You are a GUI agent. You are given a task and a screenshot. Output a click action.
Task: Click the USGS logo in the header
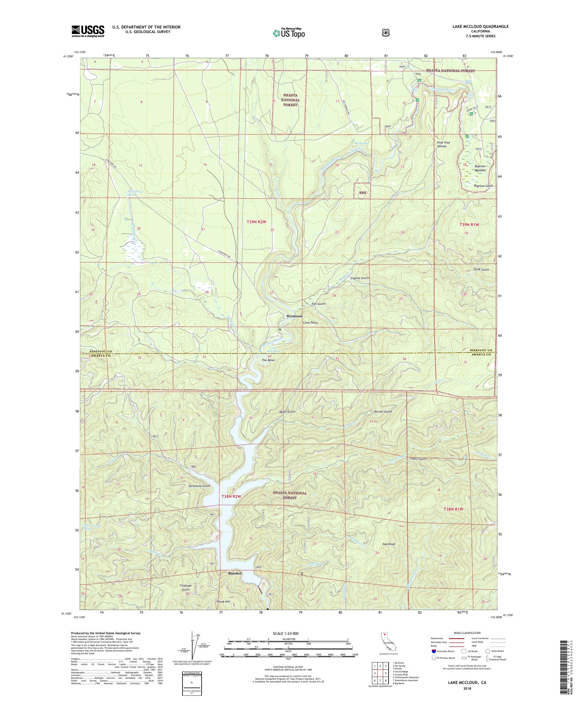point(88,32)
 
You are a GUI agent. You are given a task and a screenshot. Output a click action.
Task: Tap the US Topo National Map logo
point(289,33)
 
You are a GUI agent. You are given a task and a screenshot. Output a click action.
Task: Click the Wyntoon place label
point(294,316)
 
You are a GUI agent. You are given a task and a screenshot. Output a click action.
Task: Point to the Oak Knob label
point(388,544)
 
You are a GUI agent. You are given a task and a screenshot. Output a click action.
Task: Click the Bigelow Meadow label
point(480,168)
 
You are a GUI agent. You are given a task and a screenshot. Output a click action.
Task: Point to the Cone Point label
point(310,323)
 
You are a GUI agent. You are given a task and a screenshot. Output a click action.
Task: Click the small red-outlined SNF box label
point(362,193)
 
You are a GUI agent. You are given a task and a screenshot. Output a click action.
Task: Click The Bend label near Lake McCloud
point(268,360)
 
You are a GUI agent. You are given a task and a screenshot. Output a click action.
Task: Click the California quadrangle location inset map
point(384,646)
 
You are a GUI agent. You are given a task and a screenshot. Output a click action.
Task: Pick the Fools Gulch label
point(418,459)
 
